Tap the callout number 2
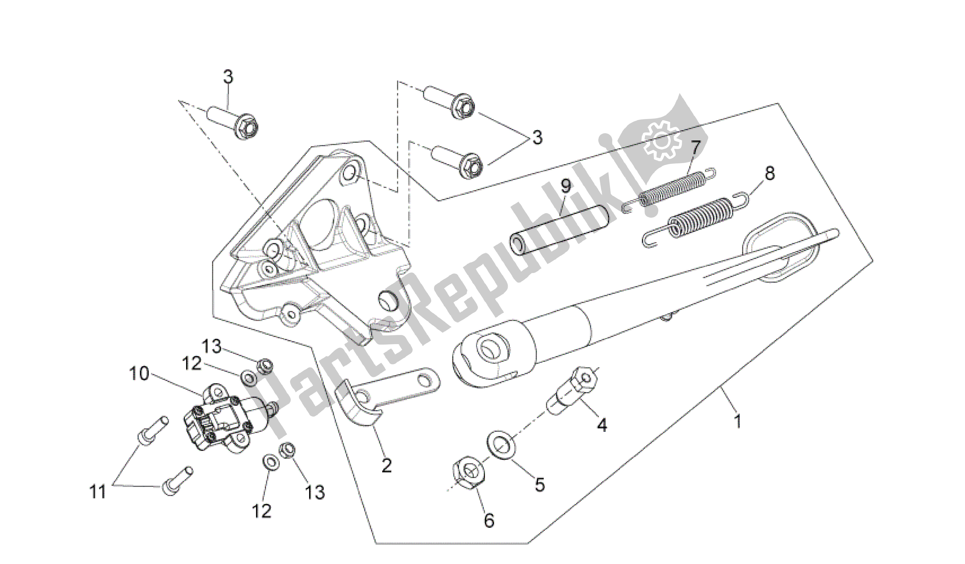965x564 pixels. [x=386, y=465]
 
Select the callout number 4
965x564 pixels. [x=602, y=425]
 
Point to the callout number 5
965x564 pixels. [x=539, y=485]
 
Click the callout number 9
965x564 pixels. [x=566, y=186]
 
